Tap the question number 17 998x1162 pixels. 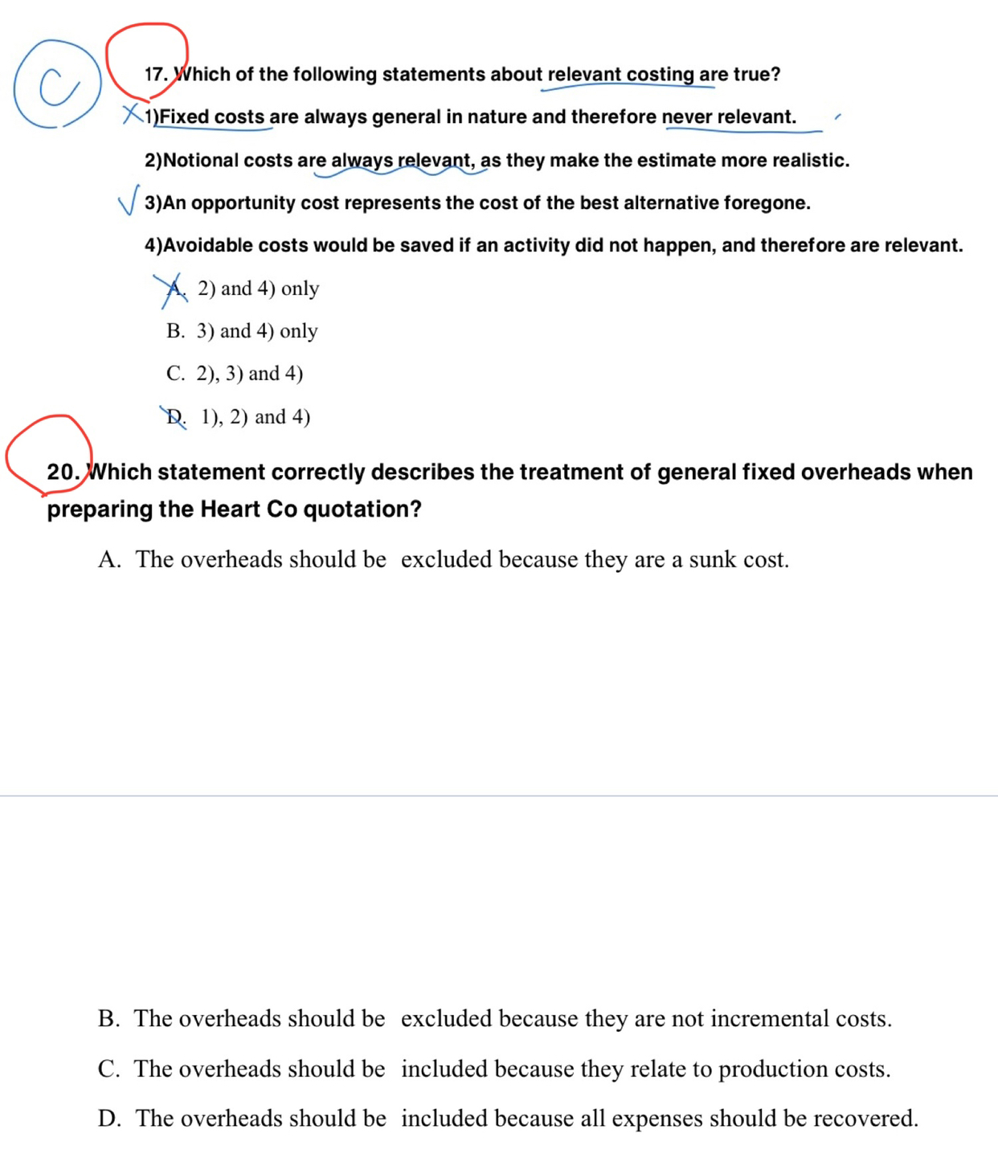tap(155, 75)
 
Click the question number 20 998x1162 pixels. tap(63, 472)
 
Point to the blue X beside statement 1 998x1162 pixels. tap(132, 114)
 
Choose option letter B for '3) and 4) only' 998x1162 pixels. tap(175, 331)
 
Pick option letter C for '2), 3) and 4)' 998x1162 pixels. tap(175, 374)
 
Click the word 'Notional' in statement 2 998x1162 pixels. tap(201, 160)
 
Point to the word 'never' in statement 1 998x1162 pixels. tap(687, 117)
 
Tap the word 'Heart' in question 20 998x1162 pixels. tap(232, 509)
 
